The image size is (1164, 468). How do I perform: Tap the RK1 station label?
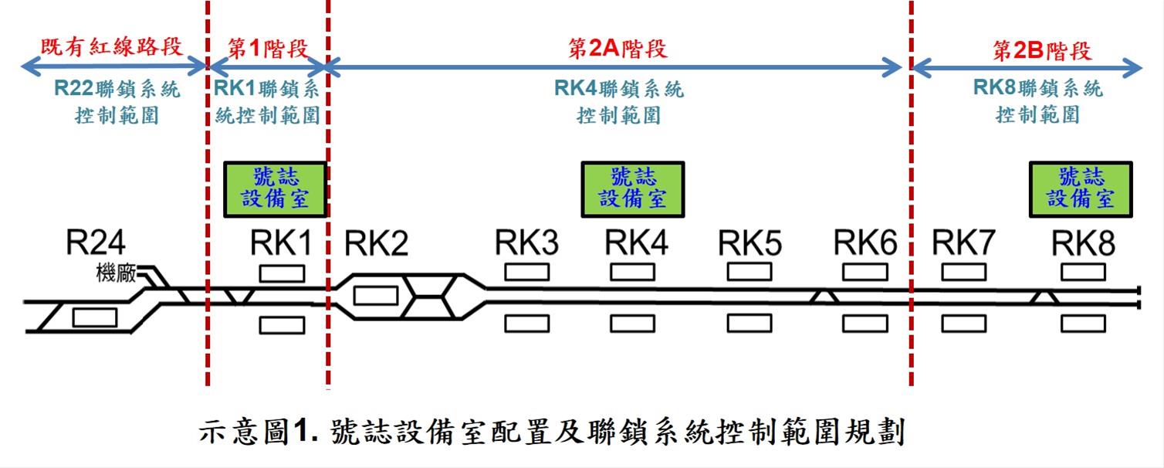pyautogui.click(x=281, y=244)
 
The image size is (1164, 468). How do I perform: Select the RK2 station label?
pyautogui.click(x=376, y=244)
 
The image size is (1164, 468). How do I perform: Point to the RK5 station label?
pyautogui.click(x=749, y=244)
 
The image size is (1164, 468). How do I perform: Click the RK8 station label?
pyautogui.click(x=1083, y=244)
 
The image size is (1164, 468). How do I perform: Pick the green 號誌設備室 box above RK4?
pyautogui.click(x=633, y=188)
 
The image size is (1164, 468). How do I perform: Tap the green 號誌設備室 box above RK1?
pyautogui.click(x=275, y=188)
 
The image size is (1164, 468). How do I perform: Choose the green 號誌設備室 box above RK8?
pyautogui.click(x=1081, y=188)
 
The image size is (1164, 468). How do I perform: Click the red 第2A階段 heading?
pyautogui.click(x=618, y=49)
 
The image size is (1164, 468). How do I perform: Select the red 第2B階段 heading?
pyautogui.click(x=1042, y=51)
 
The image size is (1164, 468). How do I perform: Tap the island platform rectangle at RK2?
pyautogui.click(x=375, y=295)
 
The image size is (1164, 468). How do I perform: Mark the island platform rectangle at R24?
pyautogui.click(x=95, y=317)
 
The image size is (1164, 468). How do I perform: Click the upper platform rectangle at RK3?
pyautogui.click(x=527, y=272)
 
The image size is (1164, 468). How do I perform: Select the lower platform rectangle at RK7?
pyautogui.click(x=963, y=323)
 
